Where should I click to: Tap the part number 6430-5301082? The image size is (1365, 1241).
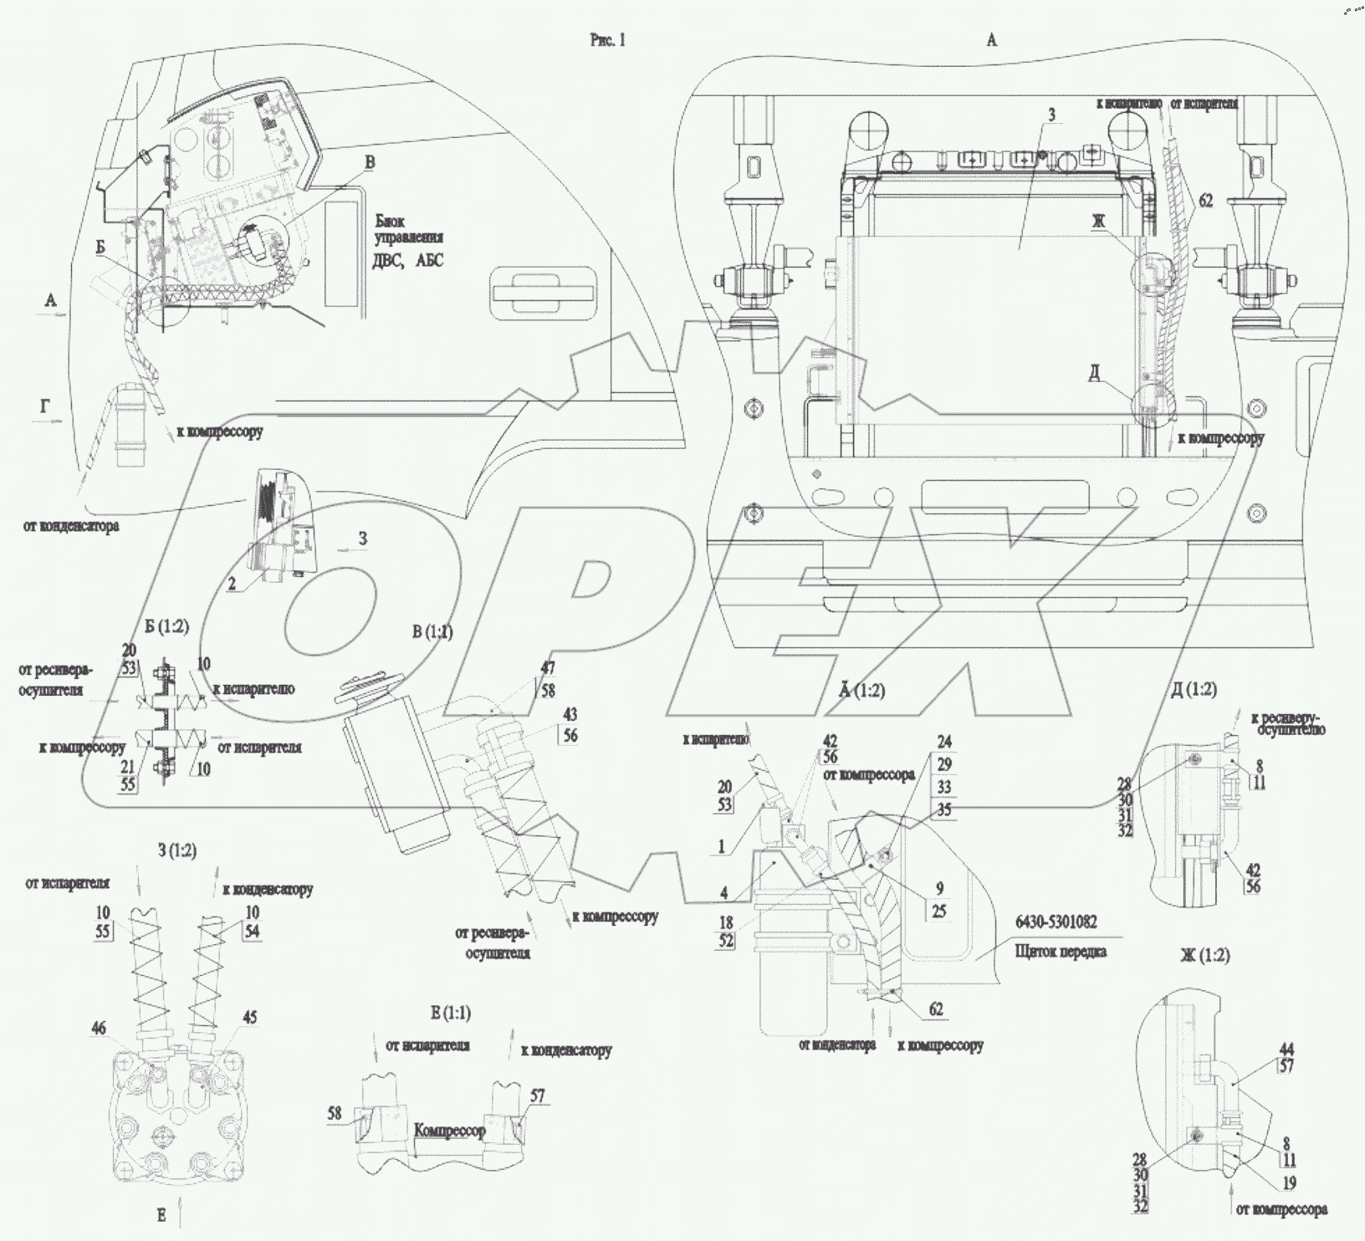(x=1055, y=922)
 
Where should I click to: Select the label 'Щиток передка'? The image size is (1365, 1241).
(x=1060, y=951)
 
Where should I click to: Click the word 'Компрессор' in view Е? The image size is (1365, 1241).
(x=449, y=1131)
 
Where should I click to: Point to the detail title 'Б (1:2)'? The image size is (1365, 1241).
(x=166, y=627)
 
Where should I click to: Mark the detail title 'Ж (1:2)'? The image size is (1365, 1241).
(x=1204, y=955)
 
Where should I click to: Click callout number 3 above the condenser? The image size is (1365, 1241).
(x=1051, y=115)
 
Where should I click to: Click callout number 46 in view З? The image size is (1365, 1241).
(x=99, y=1028)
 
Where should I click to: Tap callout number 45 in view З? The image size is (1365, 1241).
(x=250, y=1018)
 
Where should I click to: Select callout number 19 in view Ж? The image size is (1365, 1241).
(x=1289, y=1182)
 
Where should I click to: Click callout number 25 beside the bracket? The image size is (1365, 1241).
(x=938, y=911)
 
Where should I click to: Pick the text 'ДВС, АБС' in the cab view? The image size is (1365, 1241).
(x=408, y=260)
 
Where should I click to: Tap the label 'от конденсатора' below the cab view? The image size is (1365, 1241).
(x=72, y=527)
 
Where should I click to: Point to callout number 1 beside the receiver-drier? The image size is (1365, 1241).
(x=720, y=847)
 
